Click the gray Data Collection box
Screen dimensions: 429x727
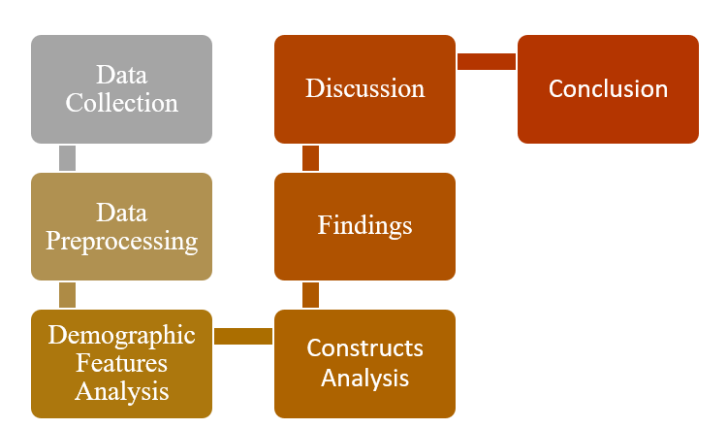121,89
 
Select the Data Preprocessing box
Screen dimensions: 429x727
121,226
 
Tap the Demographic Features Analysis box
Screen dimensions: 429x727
121,364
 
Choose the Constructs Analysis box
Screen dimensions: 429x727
364,364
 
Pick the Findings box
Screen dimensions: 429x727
364,226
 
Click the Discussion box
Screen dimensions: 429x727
364,89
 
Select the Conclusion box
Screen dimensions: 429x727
608,89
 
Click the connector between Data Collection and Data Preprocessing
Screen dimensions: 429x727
67,158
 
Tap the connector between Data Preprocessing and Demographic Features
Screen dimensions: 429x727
67,295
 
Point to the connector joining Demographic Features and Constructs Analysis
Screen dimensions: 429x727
243,336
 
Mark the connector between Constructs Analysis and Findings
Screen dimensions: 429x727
310,295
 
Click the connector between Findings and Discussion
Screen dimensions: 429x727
310,158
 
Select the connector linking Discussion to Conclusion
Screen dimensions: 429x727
487,62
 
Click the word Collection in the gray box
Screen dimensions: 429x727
121,103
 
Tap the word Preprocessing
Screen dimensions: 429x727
121,240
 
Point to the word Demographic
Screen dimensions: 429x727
121,336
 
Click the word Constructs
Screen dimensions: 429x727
364,348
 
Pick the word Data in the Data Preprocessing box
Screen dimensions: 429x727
121,212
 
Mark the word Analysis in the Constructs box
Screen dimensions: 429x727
364,377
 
